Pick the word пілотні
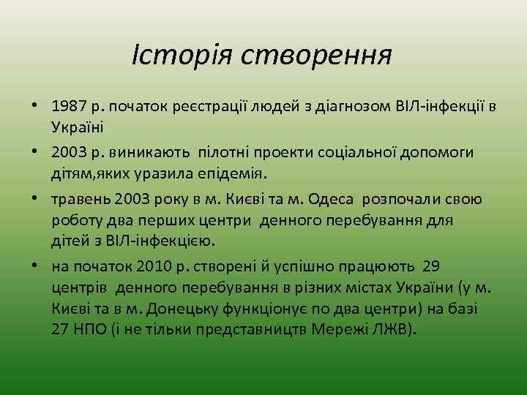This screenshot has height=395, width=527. [x=241, y=152]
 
